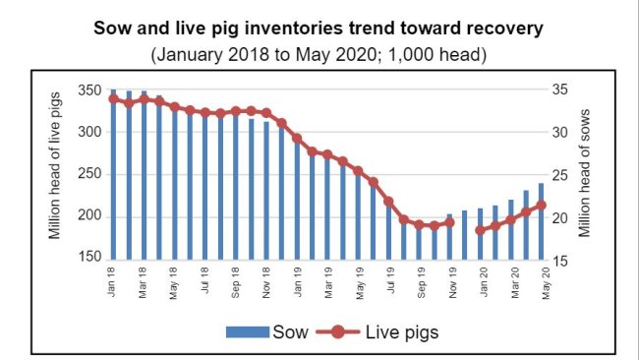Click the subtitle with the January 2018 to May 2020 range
click(319, 51)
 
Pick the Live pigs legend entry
click(383, 331)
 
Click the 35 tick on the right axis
click(556, 90)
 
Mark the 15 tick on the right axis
click(556, 260)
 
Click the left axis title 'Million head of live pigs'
click(57, 174)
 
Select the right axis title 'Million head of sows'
click(583, 174)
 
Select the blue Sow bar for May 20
click(542, 220)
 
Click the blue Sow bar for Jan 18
click(113, 177)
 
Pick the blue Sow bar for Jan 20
click(481, 233)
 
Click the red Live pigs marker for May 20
click(542, 205)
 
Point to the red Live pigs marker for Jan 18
click(113, 98)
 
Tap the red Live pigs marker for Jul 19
click(388, 202)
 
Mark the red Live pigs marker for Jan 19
click(297, 138)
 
